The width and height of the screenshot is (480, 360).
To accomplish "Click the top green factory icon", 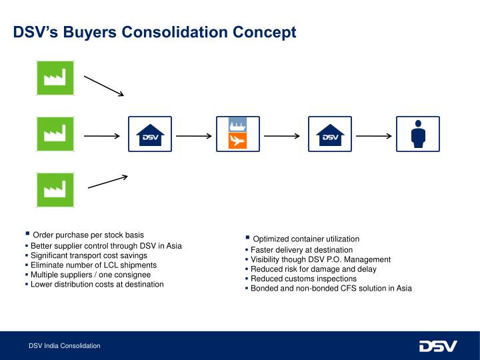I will pos(54,78).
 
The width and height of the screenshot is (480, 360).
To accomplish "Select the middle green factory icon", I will pos(54,135).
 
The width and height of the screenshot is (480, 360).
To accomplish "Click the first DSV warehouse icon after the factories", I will pos(150,135).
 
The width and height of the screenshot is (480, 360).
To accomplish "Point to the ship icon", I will pos(237,126).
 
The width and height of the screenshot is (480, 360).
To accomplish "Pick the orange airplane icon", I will pos(237,141).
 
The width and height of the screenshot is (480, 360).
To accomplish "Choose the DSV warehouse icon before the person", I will pos(329,135).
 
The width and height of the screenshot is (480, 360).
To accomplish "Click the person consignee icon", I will pos(419,135).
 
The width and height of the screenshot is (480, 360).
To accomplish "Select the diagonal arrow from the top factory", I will pos(104,86).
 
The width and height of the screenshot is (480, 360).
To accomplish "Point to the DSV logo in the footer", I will pos(438,346).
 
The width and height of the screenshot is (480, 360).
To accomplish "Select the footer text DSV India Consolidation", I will pos(64,346).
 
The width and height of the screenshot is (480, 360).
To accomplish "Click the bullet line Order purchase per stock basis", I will pos(88,235).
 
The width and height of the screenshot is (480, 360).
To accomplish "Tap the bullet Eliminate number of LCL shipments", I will pos(93,265).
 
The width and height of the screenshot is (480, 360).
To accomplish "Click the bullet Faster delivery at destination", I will pos(301,249).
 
